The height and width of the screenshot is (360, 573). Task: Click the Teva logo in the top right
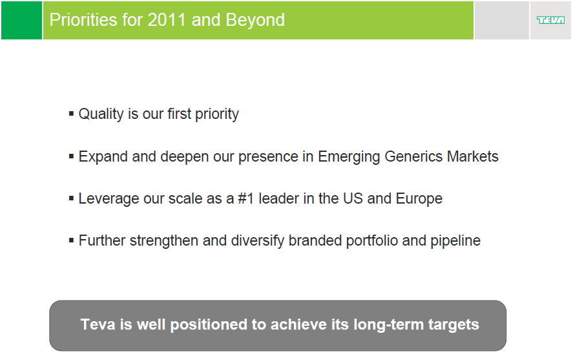coord(550,20)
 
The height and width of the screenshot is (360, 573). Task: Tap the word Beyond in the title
coord(255,20)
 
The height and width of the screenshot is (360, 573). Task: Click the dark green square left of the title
coord(21,21)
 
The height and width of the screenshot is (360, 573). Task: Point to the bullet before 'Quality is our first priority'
coord(71,114)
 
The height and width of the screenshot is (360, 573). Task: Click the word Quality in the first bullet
coord(101,114)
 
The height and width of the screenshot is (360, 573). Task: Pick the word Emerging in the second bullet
coord(349,157)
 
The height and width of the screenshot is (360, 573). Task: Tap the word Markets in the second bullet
coord(472,156)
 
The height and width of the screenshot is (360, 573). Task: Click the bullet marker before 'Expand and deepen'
coord(71,156)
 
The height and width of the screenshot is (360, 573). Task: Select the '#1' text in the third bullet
coord(245,199)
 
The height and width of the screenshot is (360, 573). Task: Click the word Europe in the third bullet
coord(419,199)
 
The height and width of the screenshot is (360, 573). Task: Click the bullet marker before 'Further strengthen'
coord(71,240)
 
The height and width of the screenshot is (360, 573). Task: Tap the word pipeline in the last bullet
coord(455,241)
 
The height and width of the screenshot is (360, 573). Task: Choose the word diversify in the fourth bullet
coord(257,241)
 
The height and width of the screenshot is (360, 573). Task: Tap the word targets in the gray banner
coord(453,325)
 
